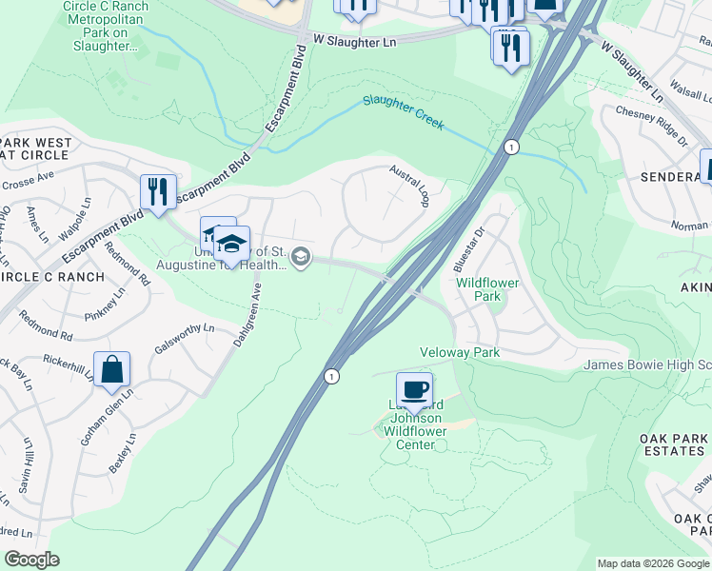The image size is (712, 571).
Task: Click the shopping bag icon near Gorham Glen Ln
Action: pos(112,371)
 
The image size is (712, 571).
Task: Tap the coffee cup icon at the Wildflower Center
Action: pos(414,390)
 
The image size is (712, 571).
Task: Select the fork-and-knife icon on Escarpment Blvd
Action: pos(157,191)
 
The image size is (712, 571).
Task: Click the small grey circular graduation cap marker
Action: pos(301,256)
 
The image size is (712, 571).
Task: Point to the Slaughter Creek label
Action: pos(403,107)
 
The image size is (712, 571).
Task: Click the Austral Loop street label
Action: pos(410,186)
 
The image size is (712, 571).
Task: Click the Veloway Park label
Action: pos(461,352)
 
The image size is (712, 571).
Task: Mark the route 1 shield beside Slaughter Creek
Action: pos(511,148)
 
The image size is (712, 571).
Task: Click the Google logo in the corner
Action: pos(31,560)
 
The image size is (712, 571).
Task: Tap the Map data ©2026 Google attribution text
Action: pos(652,563)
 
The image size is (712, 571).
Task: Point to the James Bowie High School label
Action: pos(646,364)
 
